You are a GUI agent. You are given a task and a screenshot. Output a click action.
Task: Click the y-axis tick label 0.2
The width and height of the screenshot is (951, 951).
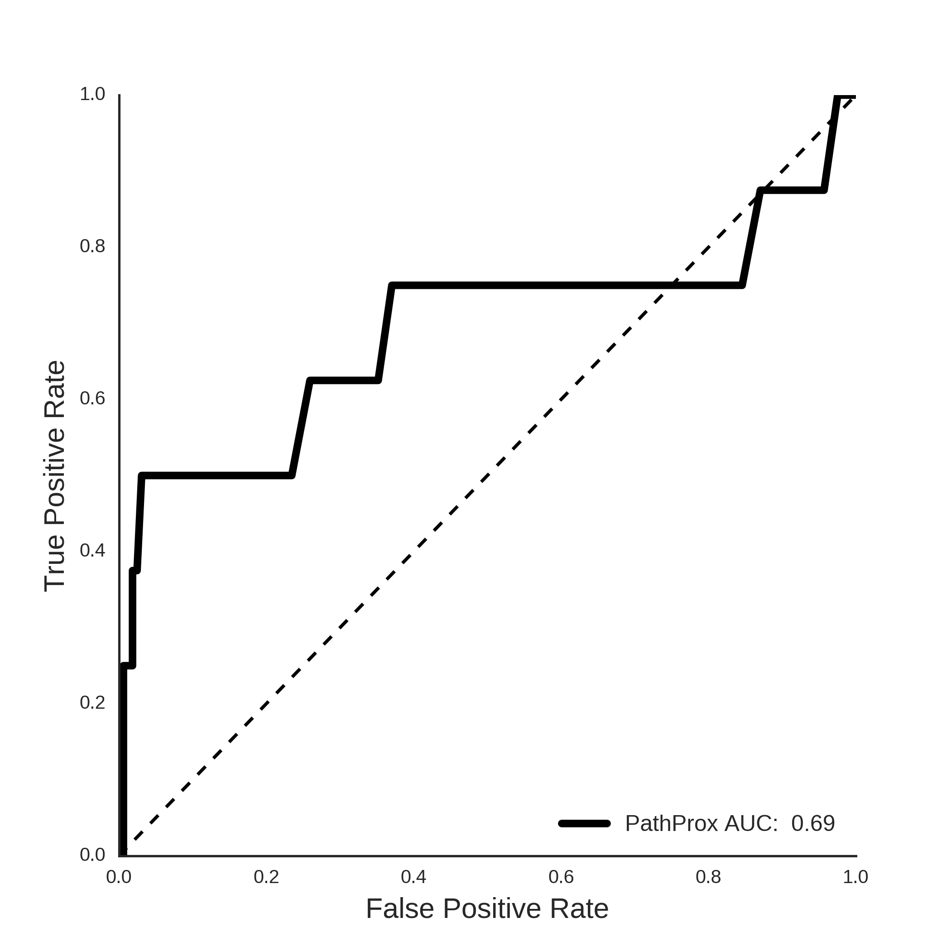point(92,703)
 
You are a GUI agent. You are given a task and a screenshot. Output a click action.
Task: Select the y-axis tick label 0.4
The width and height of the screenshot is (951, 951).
point(92,551)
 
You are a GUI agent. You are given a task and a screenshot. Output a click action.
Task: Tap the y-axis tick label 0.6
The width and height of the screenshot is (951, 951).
point(92,399)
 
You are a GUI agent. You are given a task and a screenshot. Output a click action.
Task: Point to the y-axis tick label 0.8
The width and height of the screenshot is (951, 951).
point(92,246)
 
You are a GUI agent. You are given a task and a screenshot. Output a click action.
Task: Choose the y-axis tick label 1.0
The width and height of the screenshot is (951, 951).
point(92,94)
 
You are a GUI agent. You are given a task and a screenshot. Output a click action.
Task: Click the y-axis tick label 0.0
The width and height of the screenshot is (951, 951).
point(92,855)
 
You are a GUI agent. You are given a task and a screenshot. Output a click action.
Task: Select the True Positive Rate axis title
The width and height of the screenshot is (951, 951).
point(55,476)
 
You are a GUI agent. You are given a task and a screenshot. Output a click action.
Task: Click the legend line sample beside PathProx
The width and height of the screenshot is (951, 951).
point(585,823)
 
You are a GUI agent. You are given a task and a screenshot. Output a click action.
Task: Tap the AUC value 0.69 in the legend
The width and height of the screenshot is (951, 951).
point(813,823)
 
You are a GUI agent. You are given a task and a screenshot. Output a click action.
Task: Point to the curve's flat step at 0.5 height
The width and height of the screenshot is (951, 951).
point(216,475)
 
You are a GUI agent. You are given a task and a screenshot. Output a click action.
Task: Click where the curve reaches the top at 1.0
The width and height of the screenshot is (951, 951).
point(837,97)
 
